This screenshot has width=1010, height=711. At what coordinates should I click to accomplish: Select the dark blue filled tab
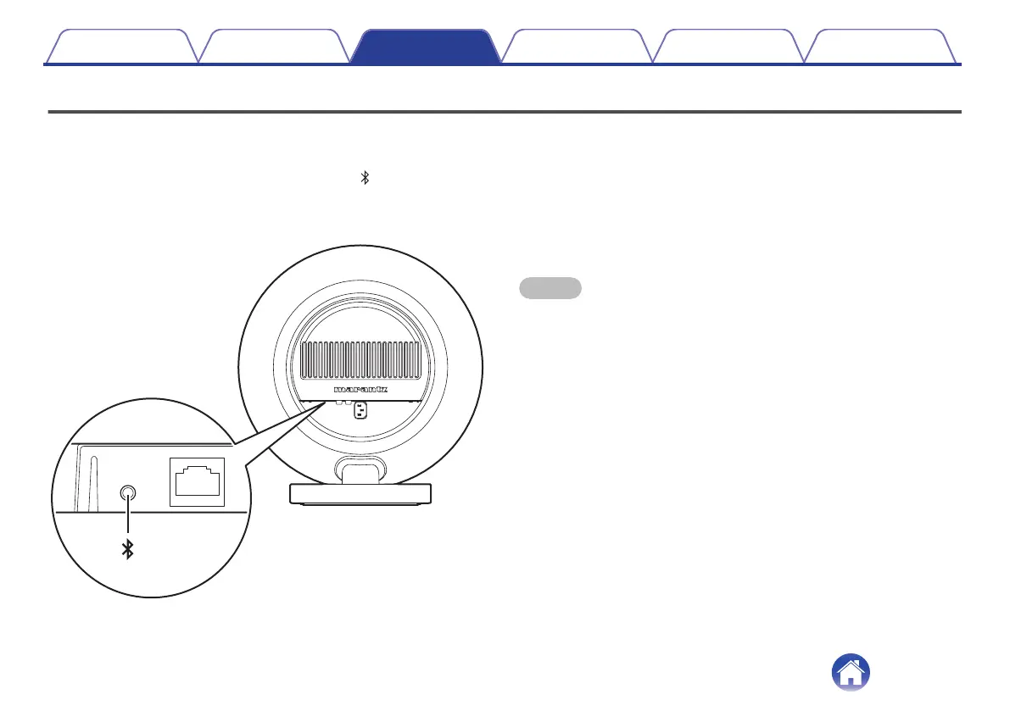[x=425, y=47]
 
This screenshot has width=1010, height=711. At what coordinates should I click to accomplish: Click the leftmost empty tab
[x=121, y=47]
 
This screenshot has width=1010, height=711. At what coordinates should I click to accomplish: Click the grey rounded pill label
[x=550, y=288]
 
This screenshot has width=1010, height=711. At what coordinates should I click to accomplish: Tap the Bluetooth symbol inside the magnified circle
[x=128, y=551]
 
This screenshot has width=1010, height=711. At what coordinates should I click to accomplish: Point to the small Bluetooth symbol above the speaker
[x=365, y=178]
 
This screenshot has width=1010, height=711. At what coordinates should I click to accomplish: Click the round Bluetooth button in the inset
[x=128, y=492]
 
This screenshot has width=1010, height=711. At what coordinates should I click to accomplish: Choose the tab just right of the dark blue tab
[x=577, y=47]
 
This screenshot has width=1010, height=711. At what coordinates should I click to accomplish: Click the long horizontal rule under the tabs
[x=505, y=111]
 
